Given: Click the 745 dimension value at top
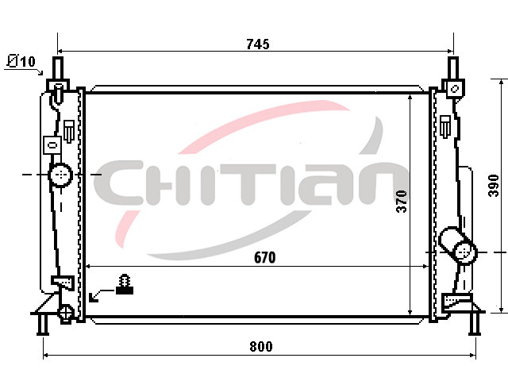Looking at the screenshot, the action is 257,44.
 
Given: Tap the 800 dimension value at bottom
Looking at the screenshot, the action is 261,346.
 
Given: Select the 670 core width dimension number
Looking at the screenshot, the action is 264,257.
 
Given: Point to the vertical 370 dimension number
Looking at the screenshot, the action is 402,202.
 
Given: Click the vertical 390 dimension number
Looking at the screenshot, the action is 494,185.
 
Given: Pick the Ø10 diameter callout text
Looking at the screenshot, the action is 21,61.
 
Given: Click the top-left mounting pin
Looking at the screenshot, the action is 58,68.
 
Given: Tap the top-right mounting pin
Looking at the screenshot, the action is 453,68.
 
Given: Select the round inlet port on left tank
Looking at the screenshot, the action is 60,175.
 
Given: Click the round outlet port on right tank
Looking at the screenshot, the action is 466,252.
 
